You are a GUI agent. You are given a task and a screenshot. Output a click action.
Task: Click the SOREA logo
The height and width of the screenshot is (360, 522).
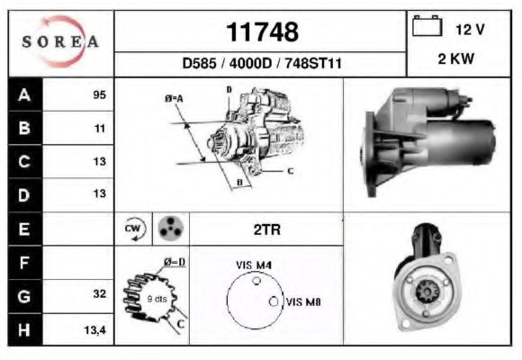click(60, 41)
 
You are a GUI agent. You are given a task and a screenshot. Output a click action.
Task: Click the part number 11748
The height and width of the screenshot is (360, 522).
click(262, 32)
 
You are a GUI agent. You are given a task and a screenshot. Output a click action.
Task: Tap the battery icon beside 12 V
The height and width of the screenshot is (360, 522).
click(427, 25)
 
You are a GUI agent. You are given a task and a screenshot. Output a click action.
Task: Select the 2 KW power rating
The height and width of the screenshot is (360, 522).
click(455, 58)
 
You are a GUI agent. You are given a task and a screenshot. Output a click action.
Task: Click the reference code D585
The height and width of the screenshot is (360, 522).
click(199, 63)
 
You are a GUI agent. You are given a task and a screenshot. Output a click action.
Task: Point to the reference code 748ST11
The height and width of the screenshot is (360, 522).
click(313, 63)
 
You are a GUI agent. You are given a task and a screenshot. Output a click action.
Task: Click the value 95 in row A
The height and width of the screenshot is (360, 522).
click(99, 94)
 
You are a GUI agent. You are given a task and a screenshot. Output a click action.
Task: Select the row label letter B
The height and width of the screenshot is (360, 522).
click(24, 128)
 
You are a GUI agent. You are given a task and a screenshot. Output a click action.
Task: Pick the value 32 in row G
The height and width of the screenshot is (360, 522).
click(100, 293)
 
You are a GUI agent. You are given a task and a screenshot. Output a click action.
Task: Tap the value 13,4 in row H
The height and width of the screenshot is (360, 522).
click(94, 330)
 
